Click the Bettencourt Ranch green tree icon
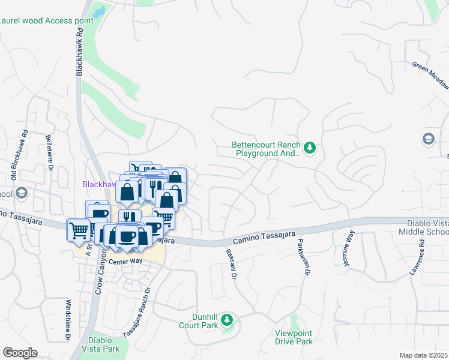tap(310, 148)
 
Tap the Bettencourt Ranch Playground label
tap(267, 149)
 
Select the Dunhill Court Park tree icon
tap(227, 319)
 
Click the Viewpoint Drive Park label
tap(294, 337)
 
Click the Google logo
tap(20, 353)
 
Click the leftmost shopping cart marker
tap(79, 230)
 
